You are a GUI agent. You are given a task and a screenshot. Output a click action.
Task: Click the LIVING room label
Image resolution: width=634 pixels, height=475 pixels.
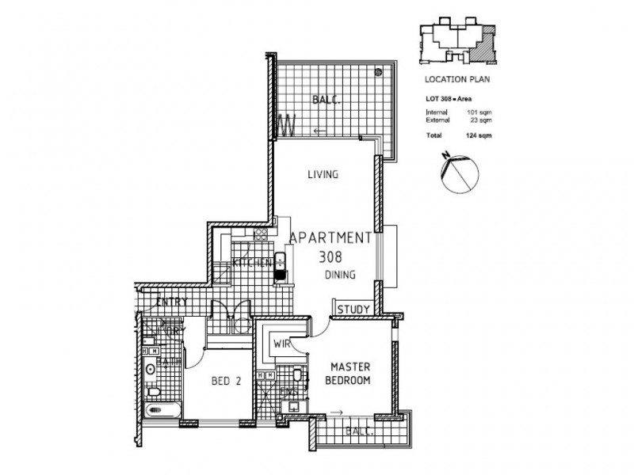coord(323,175)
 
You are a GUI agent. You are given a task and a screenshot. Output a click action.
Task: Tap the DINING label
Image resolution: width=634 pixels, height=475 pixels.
coord(339,275)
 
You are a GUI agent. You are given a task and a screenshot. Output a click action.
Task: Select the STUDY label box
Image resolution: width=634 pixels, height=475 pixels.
coord(353,310)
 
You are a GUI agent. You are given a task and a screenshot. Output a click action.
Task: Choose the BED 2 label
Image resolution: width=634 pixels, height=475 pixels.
coord(226,381)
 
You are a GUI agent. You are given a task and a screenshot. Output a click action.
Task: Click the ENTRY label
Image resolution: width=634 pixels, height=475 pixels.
coord(172,302)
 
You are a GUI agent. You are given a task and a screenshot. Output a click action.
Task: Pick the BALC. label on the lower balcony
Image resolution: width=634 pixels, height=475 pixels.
coord(361,431)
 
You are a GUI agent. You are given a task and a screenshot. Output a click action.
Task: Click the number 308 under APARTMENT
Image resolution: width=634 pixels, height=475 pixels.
coord(331,256)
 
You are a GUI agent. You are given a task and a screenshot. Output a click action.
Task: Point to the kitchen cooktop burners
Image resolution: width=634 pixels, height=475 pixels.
coord(259,234)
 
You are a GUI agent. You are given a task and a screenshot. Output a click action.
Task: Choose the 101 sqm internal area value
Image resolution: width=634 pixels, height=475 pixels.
coord(479,113)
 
